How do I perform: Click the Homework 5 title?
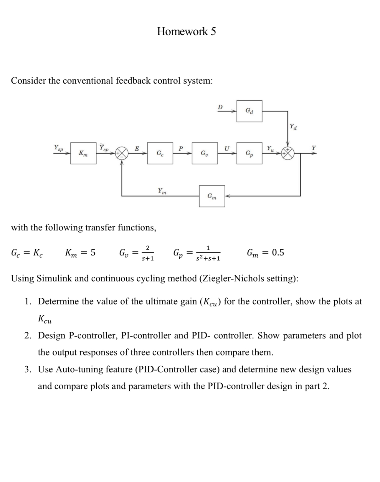point(186,31)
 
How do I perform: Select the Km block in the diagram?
point(83,153)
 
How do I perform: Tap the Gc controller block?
point(160,153)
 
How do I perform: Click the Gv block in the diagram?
point(205,153)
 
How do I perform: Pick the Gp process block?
point(249,153)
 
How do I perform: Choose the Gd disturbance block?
point(249,111)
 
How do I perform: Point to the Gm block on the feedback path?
point(212,196)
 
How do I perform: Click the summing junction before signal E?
point(122,153)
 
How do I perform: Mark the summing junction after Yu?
point(288,153)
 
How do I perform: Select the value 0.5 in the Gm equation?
point(278,252)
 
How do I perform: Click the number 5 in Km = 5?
point(93,252)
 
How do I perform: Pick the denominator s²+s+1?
point(208,259)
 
